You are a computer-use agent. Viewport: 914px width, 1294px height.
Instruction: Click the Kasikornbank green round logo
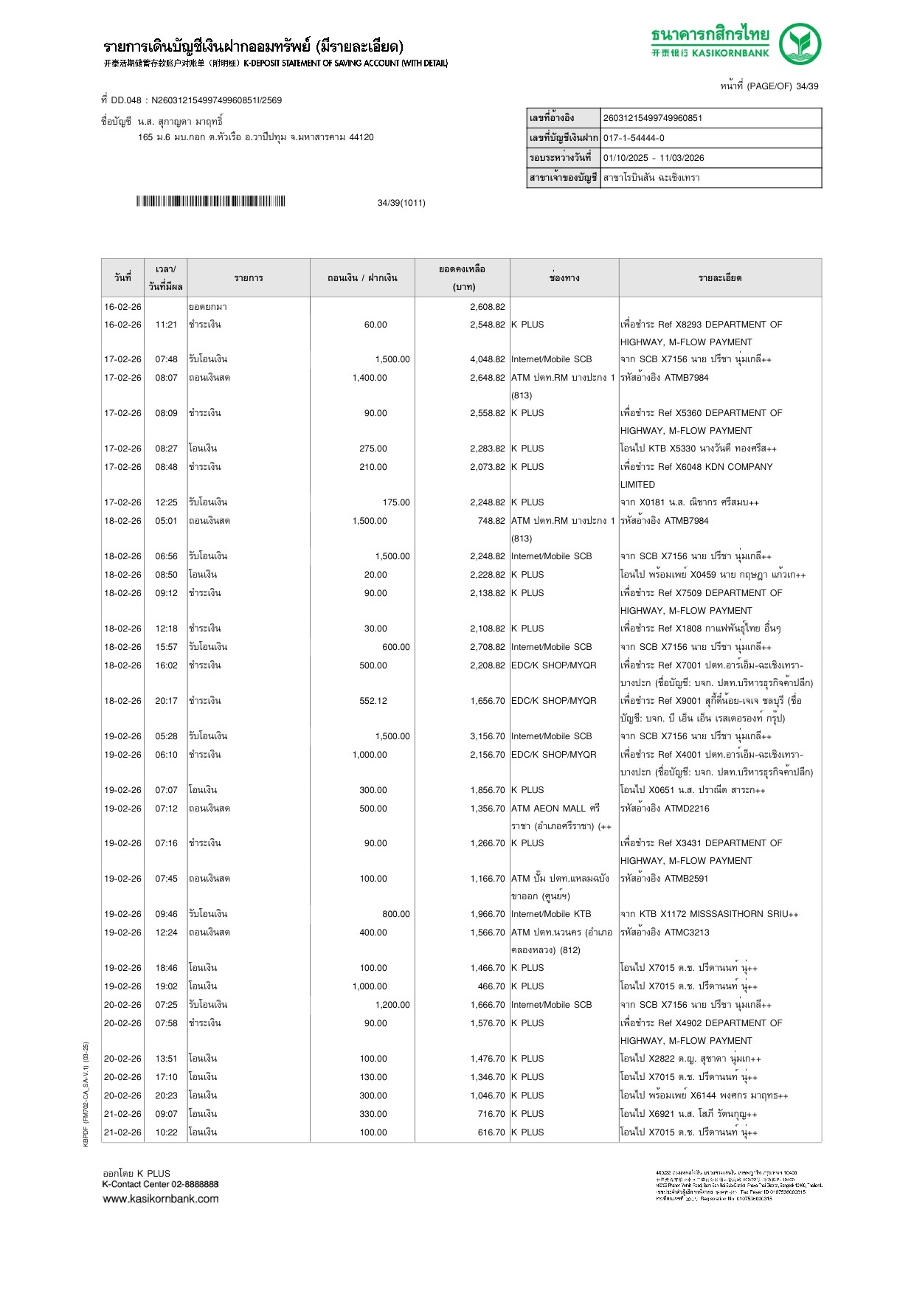click(800, 44)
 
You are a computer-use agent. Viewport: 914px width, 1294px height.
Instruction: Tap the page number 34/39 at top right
click(806, 86)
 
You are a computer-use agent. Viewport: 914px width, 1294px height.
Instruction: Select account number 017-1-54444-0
click(634, 138)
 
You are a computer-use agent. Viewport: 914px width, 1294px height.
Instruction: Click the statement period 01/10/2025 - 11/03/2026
click(654, 158)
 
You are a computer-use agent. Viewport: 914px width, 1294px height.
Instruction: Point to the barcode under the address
click(210, 201)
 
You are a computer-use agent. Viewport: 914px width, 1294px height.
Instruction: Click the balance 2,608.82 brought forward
click(488, 307)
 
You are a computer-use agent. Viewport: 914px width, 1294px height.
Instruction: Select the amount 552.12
click(373, 701)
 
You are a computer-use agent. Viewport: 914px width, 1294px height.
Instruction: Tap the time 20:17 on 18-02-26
click(166, 701)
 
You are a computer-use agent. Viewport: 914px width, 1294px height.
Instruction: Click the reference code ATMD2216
click(687, 809)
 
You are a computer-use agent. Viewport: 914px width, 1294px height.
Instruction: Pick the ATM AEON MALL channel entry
click(555, 809)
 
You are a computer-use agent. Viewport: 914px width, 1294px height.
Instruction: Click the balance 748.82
click(491, 521)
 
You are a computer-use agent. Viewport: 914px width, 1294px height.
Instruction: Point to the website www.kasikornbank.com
click(161, 1199)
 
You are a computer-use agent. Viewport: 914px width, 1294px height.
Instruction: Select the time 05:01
click(166, 521)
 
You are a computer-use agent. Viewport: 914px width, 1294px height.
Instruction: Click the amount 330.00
click(373, 1114)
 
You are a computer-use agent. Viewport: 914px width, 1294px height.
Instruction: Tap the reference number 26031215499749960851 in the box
click(653, 118)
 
